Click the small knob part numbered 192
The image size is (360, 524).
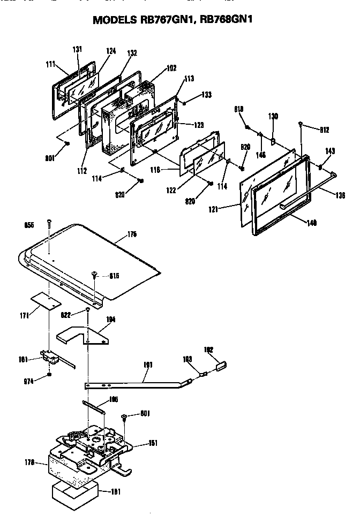(x=221, y=366)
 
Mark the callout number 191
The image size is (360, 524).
(x=148, y=365)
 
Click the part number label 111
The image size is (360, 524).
(x=51, y=64)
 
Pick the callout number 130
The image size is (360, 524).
(x=273, y=116)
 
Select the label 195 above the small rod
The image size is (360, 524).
(x=113, y=399)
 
